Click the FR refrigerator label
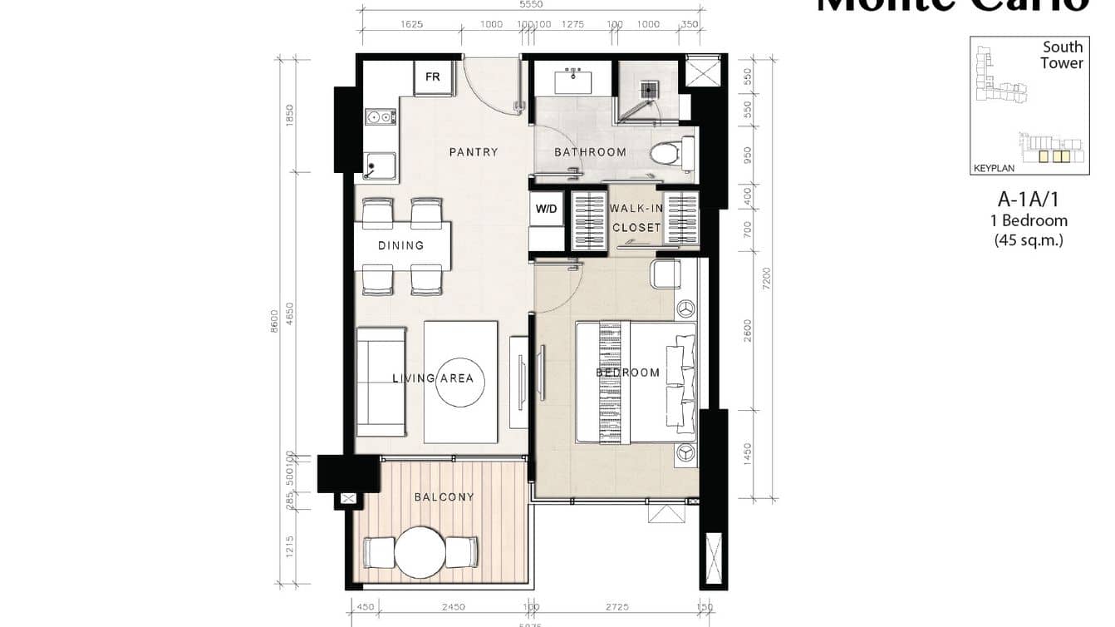433,77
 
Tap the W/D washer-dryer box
546,209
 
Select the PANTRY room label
473,152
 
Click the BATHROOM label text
590,152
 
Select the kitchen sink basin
379,165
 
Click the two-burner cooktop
380,117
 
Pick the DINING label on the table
401,245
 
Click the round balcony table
420,552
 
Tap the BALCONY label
444,497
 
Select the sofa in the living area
381,382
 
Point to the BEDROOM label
628,373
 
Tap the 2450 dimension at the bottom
453,607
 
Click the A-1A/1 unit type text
1028,200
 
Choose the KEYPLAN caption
994,168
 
